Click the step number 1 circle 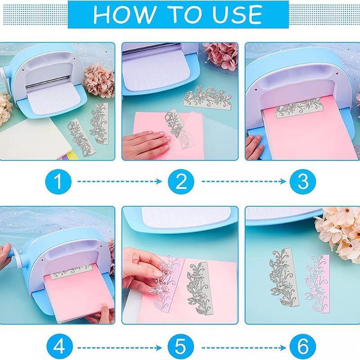click(58, 181)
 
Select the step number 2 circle click(181, 181)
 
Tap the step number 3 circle click(302, 181)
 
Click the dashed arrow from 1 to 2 click(120, 181)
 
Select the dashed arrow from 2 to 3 click(244, 181)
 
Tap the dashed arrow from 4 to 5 click(120, 348)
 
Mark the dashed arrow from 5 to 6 click(244, 348)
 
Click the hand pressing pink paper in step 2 click(147, 144)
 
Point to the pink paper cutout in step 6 click(317, 284)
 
